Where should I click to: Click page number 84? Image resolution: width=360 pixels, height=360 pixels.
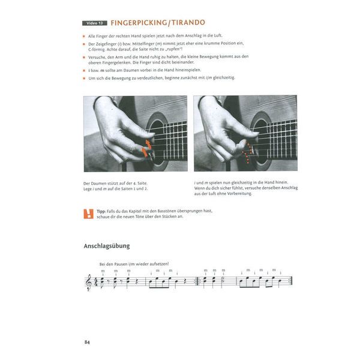tap(87, 342)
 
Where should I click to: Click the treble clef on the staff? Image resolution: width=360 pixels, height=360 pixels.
tap(90, 281)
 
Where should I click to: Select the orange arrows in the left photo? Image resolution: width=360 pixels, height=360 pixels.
tap(144, 148)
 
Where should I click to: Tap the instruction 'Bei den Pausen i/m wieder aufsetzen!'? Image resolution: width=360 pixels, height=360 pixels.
tap(134, 264)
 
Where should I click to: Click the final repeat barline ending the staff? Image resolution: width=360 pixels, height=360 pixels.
tap(290, 281)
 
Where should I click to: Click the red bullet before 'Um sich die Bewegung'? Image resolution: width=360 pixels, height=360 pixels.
tap(85, 78)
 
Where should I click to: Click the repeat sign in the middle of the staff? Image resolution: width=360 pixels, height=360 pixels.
tap(199, 281)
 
